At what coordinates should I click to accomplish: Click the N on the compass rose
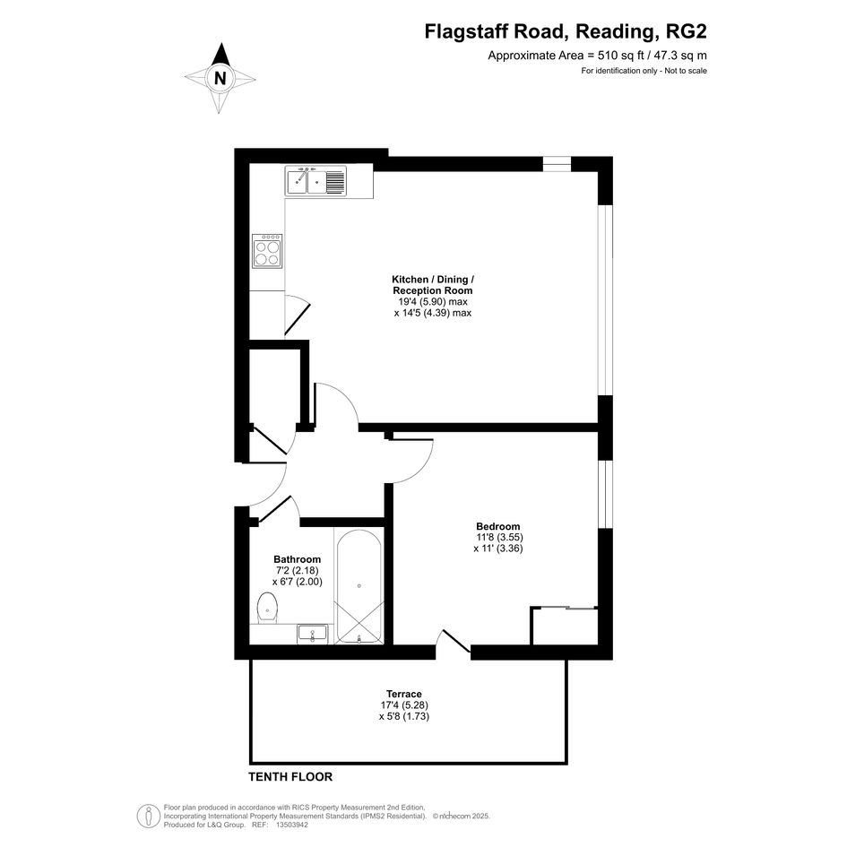pyautogui.click(x=220, y=79)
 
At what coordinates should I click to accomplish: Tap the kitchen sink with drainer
pyautogui.click(x=316, y=181)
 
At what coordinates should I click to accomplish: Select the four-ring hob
pyautogui.click(x=267, y=251)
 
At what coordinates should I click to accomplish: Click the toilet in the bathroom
pyautogui.click(x=267, y=608)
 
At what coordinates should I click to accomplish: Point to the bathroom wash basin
pyautogui.click(x=312, y=634)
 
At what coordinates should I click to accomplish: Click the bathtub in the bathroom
pyautogui.click(x=359, y=586)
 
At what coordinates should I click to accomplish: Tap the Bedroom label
pyautogui.click(x=498, y=526)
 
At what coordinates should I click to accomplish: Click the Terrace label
pyautogui.click(x=404, y=694)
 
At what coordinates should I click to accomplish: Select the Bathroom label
pyautogui.click(x=297, y=559)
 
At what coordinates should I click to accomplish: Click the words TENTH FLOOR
pyautogui.click(x=290, y=777)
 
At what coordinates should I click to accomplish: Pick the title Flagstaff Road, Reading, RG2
pyautogui.click(x=566, y=31)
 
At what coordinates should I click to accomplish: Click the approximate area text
pyautogui.click(x=598, y=55)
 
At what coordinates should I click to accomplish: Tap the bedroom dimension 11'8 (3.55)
pyautogui.click(x=499, y=538)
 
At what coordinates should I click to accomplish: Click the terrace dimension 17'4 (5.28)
pyautogui.click(x=404, y=704)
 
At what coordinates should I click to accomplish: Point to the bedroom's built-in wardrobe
pyautogui.click(x=565, y=626)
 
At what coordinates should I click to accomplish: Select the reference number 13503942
pyautogui.click(x=291, y=825)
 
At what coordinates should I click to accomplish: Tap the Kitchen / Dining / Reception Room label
pyautogui.click(x=433, y=285)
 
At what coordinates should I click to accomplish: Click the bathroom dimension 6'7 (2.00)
pyautogui.click(x=297, y=582)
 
